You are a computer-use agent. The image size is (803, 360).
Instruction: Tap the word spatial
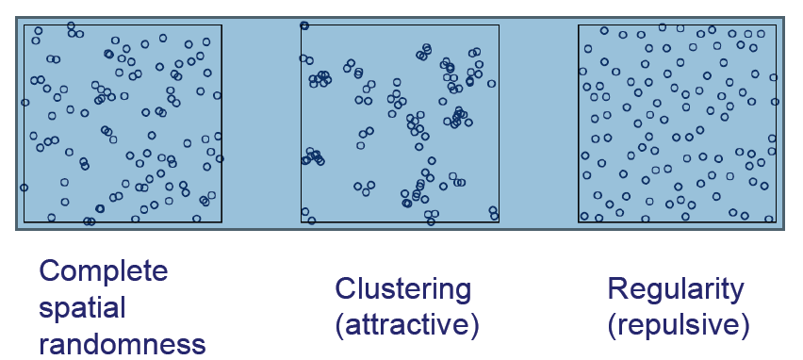tap(82, 308)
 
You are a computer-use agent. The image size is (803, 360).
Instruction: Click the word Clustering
tap(401, 289)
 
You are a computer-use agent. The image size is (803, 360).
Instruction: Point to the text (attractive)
tap(407, 324)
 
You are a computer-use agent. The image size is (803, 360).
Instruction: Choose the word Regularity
tap(676, 289)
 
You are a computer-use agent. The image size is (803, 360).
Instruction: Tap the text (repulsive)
tap(679, 324)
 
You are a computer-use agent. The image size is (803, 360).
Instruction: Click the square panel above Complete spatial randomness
tap(123, 123)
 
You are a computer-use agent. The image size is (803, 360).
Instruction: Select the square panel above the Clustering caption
tap(400, 123)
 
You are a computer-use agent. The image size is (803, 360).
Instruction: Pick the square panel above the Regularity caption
tap(677, 123)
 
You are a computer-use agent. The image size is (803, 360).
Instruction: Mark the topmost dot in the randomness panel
tap(72, 25)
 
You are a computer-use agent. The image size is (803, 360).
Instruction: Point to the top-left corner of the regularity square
tap(579, 25)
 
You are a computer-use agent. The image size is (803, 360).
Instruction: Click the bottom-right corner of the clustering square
tap(499, 222)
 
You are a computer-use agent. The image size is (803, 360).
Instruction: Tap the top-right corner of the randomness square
tap(221, 25)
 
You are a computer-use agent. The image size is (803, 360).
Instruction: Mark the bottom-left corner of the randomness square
tap(24, 222)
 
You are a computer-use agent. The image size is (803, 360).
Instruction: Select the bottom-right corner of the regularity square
tap(776, 222)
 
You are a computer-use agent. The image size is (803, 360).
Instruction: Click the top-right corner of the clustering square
tap(499, 25)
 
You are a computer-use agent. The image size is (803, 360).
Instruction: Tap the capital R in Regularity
tap(617, 289)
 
